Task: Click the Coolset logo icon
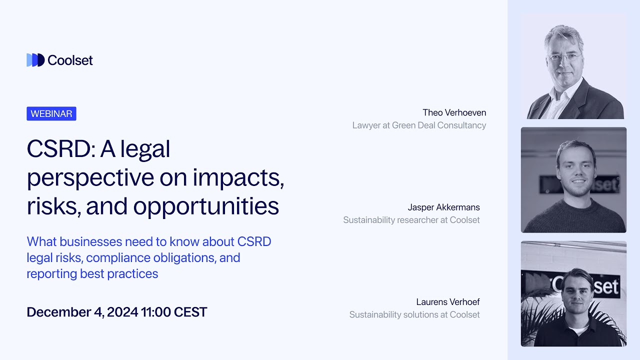point(35,60)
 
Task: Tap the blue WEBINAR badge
point(51,113)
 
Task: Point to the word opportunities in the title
point(206,206)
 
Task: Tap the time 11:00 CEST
point(174,312)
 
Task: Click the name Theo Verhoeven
point(454,112)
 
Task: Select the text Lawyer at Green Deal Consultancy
point(419,125)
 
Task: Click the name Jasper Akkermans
point(443,207)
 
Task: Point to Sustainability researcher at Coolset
point(411,220)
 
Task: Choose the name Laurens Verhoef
point(447,302)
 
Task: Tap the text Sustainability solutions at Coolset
point(414,314)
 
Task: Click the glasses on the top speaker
point(563,57)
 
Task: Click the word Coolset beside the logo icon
point(70,60)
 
